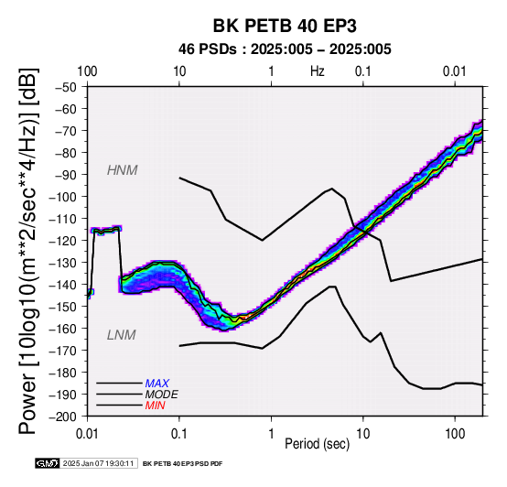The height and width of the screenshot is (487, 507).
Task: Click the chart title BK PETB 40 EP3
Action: pos(285,26)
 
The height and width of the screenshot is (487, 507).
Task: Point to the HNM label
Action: pos(123,170)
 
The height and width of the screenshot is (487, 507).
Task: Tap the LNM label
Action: pos(121,335)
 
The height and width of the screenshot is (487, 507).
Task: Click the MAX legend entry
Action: pos(156,384)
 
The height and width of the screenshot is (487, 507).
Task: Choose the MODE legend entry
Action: pos(161,395)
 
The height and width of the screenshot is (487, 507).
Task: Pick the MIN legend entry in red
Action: pos(155,406)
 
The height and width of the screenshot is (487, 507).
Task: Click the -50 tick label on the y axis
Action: pos(66,87)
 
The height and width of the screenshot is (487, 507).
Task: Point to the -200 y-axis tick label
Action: pos(63,417)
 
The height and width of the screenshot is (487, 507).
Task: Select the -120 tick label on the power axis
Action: pos(63,241)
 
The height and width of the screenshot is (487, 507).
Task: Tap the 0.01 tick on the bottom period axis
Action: pos(87,434)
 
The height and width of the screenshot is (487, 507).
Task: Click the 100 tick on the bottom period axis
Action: pos(455,434)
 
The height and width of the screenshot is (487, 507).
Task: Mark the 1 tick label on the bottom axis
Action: pos(271,434)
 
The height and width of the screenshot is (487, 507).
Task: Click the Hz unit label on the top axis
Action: pos(318,71)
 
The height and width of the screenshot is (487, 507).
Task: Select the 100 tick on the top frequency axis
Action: pos(87,71)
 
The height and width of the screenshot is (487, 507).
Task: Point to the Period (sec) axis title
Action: pos(317,444)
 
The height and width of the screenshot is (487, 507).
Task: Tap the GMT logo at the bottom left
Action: pos(48,463)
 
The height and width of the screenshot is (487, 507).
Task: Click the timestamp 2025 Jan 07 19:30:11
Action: pos(98,463)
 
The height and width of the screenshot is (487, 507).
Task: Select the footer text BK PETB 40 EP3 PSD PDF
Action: pos(183,464)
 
